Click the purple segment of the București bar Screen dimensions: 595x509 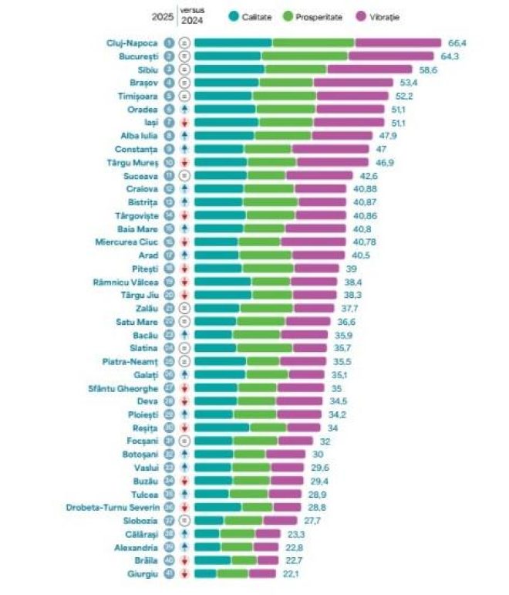(391, 56)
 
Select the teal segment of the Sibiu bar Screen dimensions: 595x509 (229, 69)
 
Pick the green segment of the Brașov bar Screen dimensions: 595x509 (285, 83)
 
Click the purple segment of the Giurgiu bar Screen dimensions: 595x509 (261, 573)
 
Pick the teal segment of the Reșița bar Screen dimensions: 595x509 (221, 428)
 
